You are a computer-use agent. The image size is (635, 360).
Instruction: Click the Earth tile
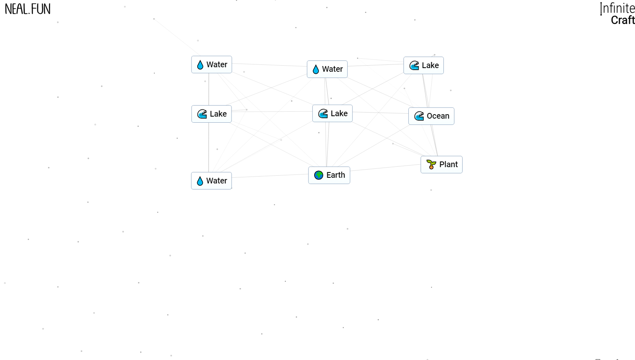tap(329, 175)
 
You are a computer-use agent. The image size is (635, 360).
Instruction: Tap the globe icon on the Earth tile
tap(319, 175)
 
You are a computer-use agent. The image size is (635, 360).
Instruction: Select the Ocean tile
tap(431, 116)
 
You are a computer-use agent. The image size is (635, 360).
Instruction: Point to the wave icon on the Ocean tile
tap(419, 116)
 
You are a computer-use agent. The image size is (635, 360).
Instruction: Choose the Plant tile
tap(441, 165)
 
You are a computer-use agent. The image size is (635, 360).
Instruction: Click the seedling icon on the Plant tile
tap(431, 164)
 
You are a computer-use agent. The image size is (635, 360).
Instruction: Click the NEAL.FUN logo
tap(28, 9)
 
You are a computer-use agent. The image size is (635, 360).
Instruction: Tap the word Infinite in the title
tap(618, 8)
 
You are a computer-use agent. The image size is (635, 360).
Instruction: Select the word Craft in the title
tap(623, 20)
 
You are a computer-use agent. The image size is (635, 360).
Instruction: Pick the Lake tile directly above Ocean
tap(423, 65)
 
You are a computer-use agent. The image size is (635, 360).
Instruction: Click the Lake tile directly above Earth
tap(332, 113)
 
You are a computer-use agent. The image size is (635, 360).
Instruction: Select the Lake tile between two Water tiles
tap(212, 114)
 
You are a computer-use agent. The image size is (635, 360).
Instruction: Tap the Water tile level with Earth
tap(212, 181)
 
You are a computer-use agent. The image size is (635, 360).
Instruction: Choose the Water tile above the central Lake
tap(327, 69)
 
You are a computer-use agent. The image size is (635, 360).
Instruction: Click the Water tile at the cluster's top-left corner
tap(212, 64)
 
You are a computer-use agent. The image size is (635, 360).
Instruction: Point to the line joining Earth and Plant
tap(385, 168)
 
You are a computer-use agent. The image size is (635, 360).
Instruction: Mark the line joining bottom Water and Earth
tap(270, 176)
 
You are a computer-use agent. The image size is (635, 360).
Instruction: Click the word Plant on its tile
tap(448, 165)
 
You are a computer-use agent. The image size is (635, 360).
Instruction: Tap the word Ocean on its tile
tap(438, 116)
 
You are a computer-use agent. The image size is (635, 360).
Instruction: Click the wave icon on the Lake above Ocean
tap(414, 65)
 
